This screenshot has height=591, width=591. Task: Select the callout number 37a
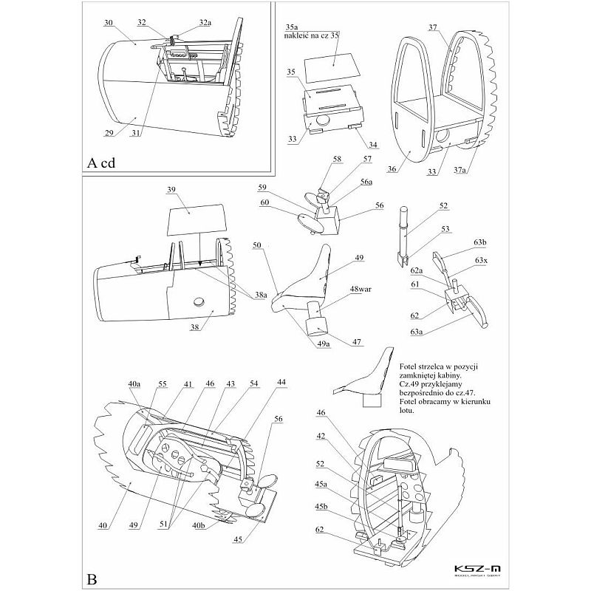pos(460,169)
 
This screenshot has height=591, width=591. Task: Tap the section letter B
pos(91,578)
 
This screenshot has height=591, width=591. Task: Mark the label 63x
pos(482,261)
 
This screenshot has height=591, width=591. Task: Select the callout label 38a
pos(259,295)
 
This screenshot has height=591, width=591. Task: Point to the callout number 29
pos(112,134)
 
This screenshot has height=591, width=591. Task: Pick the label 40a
pos(134,384)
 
